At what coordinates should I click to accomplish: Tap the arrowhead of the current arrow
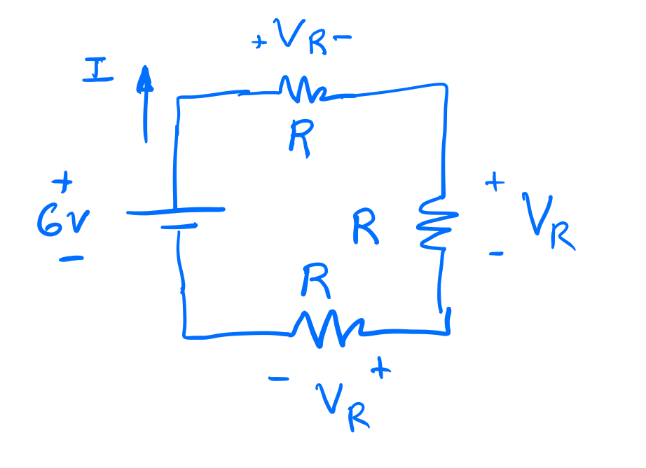click(x=145, y=78)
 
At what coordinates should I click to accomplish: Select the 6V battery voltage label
click(x=62, y=222)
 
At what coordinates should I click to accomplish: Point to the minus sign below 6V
click(x=71, y=259)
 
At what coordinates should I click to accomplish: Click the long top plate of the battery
click(x=176, y=209)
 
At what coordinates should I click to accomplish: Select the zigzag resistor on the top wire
click(x=303, y=89)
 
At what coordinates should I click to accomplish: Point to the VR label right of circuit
click(x=549, y=221)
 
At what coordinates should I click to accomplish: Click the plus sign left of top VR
click(x=260, y=43)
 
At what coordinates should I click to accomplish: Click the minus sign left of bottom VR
click(x=278, y=379)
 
